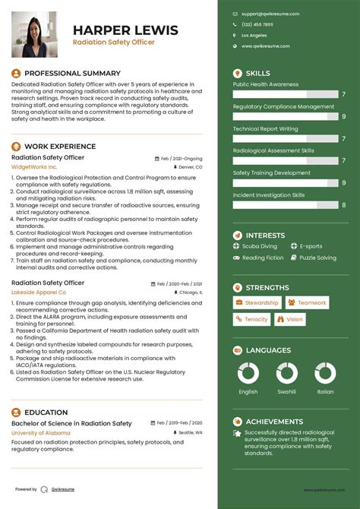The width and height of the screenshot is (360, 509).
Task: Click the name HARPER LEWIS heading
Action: click(x=125, y=30)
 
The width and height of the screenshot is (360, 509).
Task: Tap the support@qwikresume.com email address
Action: click(x=270, y=14)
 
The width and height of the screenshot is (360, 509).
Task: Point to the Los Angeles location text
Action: click(x=254, y=36)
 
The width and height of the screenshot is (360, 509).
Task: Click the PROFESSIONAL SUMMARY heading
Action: click(x=68, y=73)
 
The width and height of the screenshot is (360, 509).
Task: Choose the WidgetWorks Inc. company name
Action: click(x=34, y=166)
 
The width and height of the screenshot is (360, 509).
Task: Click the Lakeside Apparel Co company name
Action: click(x=39, y=292)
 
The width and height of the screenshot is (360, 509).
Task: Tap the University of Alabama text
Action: click(x=41, y=432)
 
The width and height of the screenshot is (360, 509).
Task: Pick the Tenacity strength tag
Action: click(x=251, y=320)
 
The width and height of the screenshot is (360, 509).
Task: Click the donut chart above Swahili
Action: click(x=287, y=372)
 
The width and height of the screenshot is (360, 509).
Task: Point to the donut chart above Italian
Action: click(x=325, y=372)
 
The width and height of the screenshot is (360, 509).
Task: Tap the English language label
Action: click(x=248, y=392)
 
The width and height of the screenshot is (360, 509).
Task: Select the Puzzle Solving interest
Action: click(x=317, y=258)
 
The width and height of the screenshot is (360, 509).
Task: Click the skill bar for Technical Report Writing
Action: click(x=284, y=138)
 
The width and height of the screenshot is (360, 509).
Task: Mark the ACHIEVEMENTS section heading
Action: click(x=274, y=422)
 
